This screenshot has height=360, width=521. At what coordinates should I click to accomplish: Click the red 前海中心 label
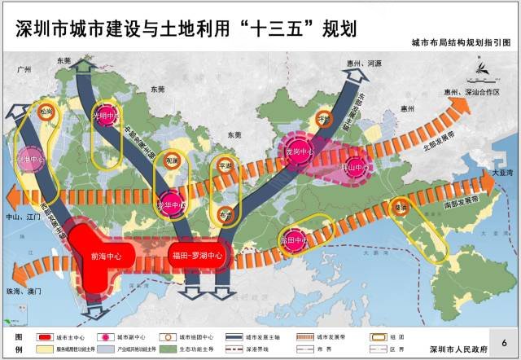pyautogui.click(x=106, y=256)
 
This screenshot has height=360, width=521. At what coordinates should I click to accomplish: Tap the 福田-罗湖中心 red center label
pyautogui.click(x=197, y=256)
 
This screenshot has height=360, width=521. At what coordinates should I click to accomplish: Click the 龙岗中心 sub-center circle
pyautogui.click(x=299, y=151)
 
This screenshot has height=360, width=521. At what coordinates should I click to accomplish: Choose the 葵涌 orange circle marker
pyautogui.click(x=401, y=207)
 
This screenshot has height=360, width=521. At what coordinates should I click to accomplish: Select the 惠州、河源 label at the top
pyautogui.click(x=363, y=62)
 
